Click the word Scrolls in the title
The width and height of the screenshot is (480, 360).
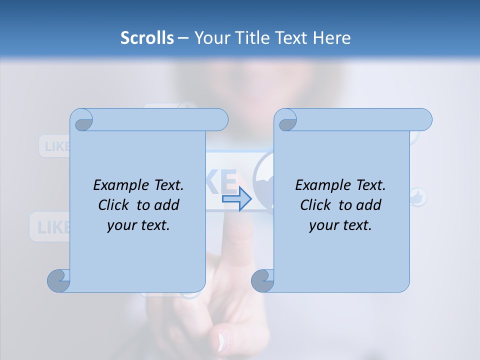pos(147,38)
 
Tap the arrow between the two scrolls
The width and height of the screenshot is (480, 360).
pos(236,199)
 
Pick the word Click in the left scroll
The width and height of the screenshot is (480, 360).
pos(115,205)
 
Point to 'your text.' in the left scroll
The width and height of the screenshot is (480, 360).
pos(138,225)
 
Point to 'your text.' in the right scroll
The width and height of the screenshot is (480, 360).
pos(340,225)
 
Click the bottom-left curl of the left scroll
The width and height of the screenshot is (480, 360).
pos(59,281)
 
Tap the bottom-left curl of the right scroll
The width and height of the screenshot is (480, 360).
pos(263,281)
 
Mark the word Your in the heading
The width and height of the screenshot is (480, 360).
pos(210,38)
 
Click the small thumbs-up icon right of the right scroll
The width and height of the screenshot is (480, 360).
pos(418,197)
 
